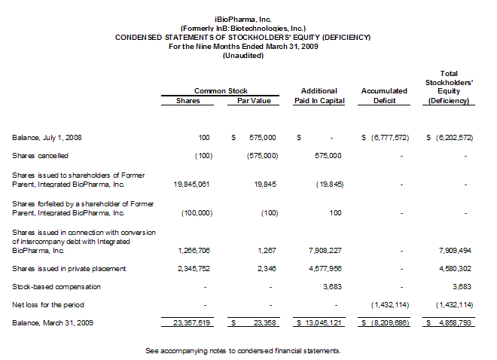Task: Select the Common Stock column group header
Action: pyautogui.click(x=221, y=91)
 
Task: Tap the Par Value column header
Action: pyautogui.click(x=248, y=100)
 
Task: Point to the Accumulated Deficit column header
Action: pyautogui.click(x=384, y=96)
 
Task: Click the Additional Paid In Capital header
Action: pyautogui.click(x=319, y=96)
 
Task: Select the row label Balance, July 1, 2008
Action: pyautogui.click(x=47, y=138)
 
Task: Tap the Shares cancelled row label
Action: pyautogui.click(x=41, y=156)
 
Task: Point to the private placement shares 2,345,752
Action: pyautogui.click(x=194, y=268)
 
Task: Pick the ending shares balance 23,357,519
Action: pyautogui.click(x=191, y=322)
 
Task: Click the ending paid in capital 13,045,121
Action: pyautogui.click(x=322, y=322)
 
